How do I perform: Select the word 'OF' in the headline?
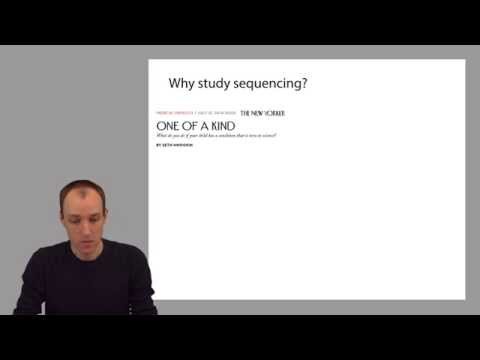point(190,125)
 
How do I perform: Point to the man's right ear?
point(59,219)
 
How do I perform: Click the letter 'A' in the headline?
point(204,125)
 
